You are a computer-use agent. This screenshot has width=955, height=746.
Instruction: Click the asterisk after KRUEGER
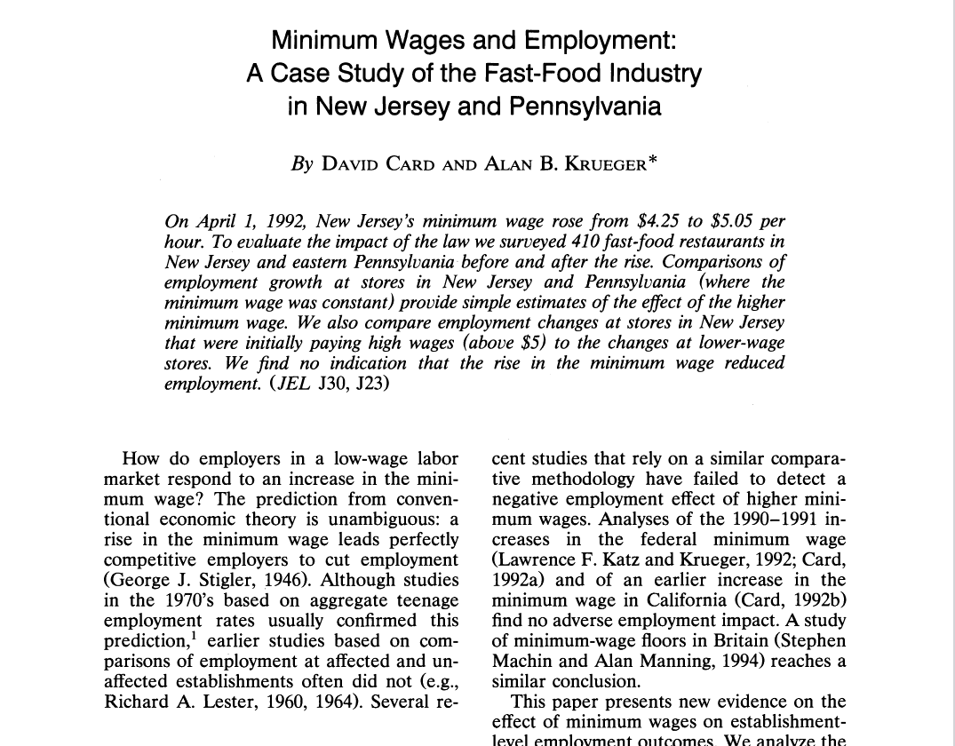(x=652, y=160)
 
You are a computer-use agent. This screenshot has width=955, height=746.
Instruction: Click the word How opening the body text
(x=140, y=458)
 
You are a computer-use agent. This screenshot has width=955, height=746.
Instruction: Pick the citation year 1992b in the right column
(x=816, y=600)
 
